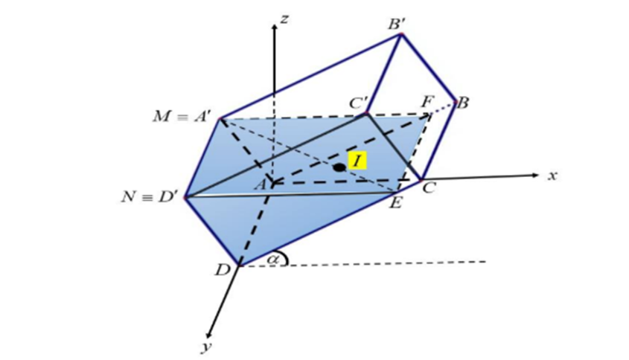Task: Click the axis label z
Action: pos(284,19)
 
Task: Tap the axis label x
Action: pos(552,176)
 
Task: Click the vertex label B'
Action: pos(397,25)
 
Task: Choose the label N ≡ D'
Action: pos(151,198)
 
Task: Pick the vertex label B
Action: pos(462,103)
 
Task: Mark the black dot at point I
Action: pos(339,167)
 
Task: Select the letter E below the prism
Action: pos(396,202)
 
